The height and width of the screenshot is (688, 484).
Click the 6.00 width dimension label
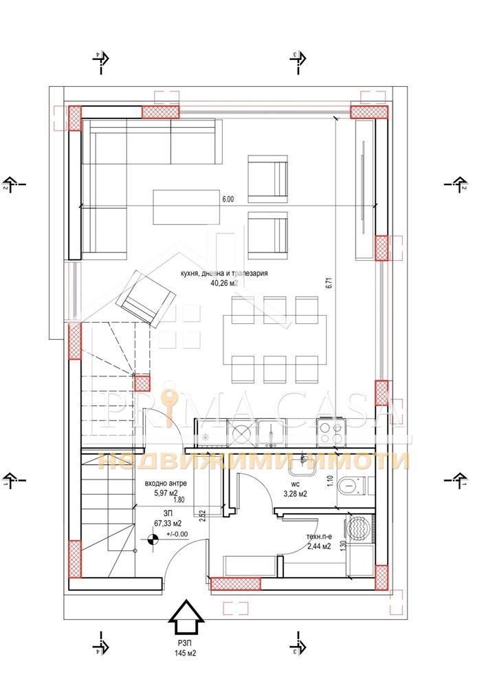click(228, 200)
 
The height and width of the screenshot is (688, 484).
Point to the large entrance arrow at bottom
click(186, 617)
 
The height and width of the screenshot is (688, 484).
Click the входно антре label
click(166, 484)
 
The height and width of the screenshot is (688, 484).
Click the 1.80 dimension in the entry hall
click(179, 500)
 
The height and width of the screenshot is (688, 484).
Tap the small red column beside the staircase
click(142, 383)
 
